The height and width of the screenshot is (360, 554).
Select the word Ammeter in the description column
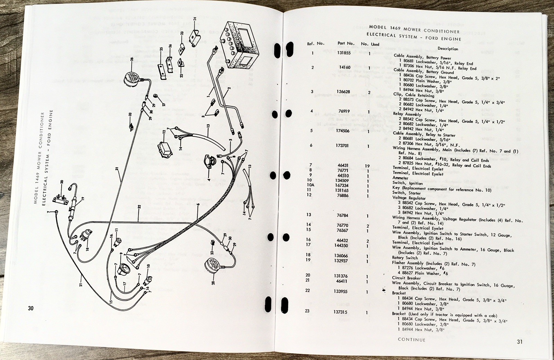coord(400,178)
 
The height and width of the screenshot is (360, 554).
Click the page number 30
coord(31,308)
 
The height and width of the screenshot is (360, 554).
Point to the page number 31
coord(519,342)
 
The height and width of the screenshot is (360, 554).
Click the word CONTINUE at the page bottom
coord(411,340)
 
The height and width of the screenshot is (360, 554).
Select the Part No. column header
coord(346,43)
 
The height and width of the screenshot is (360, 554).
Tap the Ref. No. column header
coord(315,44)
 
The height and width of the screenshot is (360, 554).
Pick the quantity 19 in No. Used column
coord(367,166)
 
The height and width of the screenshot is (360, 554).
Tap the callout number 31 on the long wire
coord(117,169)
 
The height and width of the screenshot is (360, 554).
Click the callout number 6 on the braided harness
coord(198,205)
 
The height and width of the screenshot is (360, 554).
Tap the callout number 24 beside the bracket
coord(195,19)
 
